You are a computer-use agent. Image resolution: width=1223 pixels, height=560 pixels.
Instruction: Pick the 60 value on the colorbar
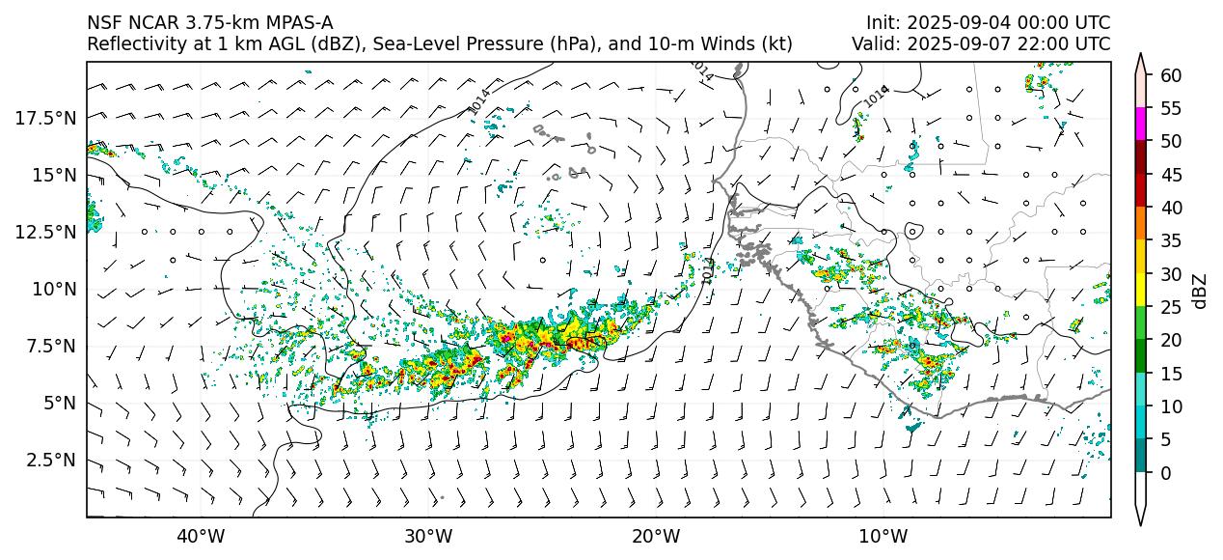click(1171, 75)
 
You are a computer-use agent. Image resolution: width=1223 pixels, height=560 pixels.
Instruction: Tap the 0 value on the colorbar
click(1166, 473)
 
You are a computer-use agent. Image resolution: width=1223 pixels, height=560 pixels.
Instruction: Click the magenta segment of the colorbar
click(1142, 125)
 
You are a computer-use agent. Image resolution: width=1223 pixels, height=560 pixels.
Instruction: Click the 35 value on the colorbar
click(1171, 240)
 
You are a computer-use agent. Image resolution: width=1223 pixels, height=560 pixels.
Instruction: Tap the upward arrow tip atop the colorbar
click(1142, 56)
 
